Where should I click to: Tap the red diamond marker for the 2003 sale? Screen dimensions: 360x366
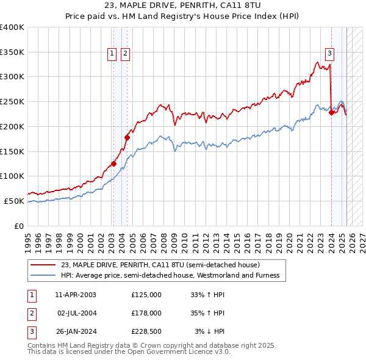click(113, 164)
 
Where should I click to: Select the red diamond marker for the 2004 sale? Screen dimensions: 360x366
click(127, 137)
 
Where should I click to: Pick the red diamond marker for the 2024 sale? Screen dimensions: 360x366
click(331, 112)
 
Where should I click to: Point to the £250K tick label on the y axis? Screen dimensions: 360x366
click(12, 101)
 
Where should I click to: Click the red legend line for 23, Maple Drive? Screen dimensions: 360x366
click(44, 265)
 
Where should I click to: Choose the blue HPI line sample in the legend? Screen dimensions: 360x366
click(44, 276)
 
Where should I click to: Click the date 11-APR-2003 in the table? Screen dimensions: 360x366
click(76, 295)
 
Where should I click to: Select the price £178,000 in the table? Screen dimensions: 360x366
click(146, 313)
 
